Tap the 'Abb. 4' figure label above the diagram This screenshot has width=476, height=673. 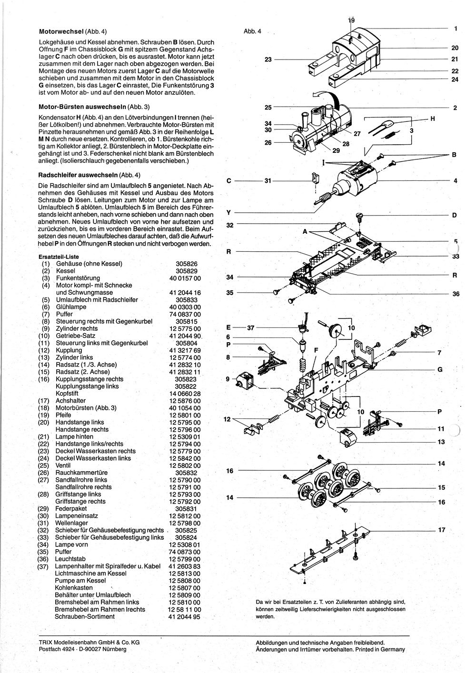[x=252, y=31]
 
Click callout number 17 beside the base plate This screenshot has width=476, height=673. [x=441, y=530]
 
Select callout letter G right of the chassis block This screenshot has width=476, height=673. [x=440, y=369]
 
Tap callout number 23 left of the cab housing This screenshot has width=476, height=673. [x=268, y=59]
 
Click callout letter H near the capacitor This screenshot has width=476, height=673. [x=433, y=119]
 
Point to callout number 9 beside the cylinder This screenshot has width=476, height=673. [x=228, y=379]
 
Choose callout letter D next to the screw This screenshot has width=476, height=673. [x=454, y=216]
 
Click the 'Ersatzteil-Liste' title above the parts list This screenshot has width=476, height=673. [x=59, y=257]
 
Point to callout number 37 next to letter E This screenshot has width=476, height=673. [x=251, y=327]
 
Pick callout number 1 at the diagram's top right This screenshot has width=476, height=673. [x=456, y=29]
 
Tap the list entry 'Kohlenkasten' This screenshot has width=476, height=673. [x=74, y=588]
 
